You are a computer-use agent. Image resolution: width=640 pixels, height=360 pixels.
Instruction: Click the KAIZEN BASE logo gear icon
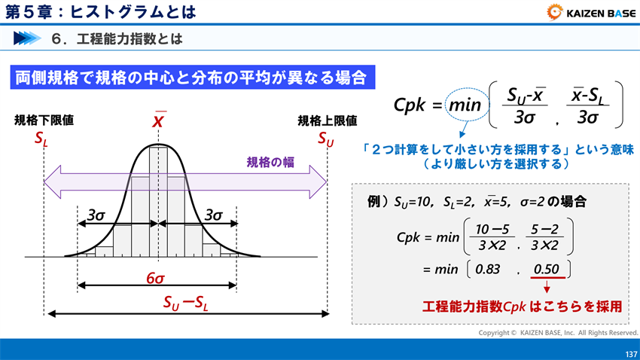pos(554,11)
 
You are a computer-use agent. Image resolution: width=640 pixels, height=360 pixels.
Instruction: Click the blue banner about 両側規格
pos(191,77)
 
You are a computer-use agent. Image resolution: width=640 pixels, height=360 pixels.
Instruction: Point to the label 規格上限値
pos(327,120)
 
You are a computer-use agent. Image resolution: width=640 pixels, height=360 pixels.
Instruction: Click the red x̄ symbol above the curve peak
pos(159,121)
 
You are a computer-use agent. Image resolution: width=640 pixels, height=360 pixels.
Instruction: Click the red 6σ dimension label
pos(156,278)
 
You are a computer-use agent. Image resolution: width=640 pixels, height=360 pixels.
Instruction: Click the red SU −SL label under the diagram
pos(186,303)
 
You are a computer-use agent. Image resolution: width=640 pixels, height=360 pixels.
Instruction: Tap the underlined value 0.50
pos(546,269)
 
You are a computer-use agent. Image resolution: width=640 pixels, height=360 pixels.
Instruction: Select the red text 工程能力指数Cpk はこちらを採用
pos(522,307)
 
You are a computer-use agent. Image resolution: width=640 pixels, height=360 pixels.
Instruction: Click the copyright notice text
pos(558,332)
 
